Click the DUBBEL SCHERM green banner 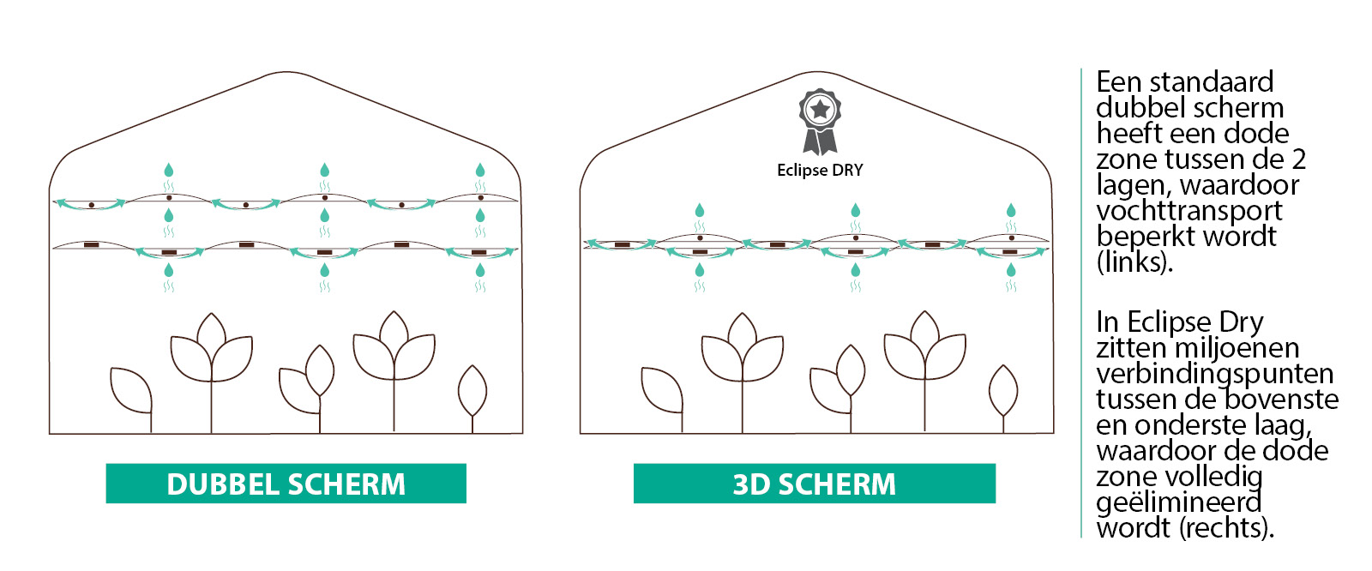pyautogui.click(x=286, y=484)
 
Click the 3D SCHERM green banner pyautogui.click(x=814, y=484)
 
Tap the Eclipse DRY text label pyautogui.click(x=820, y=170)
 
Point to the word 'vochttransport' pyautogui.click(x=1189, y=211)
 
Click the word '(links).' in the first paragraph pyautogui.click(x=1134, y=262)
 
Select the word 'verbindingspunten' pyautogui.click(x=1214, y=374)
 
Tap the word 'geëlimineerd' pyautogui.click(x=1179, y=502)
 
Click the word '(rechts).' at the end pyautogui.click(x=1227, y=528)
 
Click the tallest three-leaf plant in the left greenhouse pyautogui.click(x=393, y=352)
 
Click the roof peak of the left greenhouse pyautogui.click(x=286, y=73)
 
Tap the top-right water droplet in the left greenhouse pyautogui.click(x=480, y=170)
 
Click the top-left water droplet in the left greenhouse pyautogui.click(x=169, y=170)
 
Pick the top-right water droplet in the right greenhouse pyautogui.click(x=1011, y=210)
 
